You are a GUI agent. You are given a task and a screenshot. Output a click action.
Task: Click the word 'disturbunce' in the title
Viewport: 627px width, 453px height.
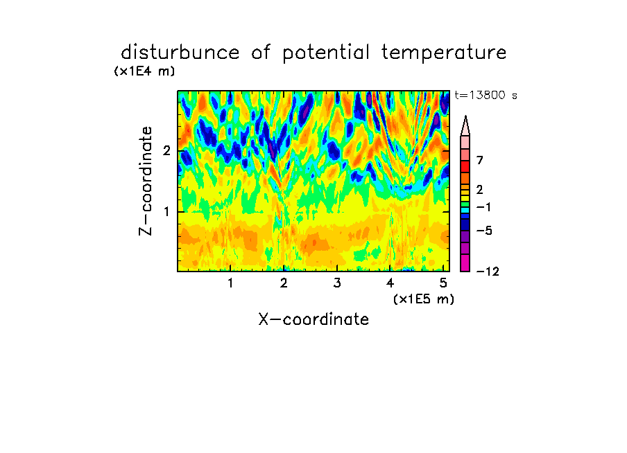click(180, 53)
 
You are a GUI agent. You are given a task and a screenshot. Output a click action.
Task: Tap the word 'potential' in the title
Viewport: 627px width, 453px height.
click(326, 53)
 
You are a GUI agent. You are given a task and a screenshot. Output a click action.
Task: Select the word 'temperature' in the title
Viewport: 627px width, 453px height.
click(444, 53)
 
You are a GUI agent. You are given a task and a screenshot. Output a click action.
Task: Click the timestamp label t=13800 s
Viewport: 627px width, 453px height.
click(486, 95)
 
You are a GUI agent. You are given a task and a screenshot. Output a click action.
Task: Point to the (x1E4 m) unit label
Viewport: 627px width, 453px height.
click(144, 71)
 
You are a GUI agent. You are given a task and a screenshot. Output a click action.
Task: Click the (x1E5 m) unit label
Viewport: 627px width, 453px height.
click(424, 299)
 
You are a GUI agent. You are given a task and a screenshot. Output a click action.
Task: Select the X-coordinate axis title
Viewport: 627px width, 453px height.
click(313, 319)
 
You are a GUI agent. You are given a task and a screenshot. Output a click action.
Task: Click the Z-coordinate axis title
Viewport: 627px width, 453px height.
click(146, 181)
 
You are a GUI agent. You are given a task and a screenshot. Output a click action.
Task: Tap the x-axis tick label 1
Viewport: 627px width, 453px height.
click(230, 283)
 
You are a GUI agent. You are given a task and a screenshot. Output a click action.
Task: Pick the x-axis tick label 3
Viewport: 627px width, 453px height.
click(337, 283)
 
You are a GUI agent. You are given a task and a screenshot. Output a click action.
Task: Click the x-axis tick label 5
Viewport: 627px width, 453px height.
click(443, 283)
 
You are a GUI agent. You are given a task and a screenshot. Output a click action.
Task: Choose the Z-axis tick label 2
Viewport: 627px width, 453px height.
click(166, 151)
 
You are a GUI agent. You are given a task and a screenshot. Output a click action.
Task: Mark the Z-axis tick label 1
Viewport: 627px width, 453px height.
click(166, 211)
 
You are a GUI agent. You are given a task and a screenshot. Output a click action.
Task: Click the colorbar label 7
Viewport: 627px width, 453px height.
click(480, 160)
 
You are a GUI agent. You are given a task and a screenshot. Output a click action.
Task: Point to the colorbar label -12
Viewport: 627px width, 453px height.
click(488, 272)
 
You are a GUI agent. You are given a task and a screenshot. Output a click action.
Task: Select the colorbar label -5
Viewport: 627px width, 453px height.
click(484, 231)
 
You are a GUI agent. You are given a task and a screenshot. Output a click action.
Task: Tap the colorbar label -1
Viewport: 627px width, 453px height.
click(483, 207)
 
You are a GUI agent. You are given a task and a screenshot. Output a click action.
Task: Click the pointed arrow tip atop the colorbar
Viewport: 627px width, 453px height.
click(465, 116)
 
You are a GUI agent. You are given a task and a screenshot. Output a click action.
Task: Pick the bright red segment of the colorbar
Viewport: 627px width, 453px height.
click(465, 166)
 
